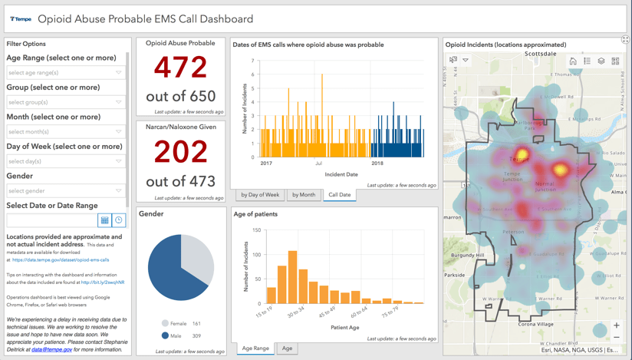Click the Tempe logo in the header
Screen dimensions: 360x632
coord(21,19)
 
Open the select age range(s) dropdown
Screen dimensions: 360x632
coord(65,72)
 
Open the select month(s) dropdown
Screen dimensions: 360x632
coord(65,132)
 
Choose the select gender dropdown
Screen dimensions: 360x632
coord(65,191)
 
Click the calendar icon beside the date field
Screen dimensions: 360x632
coord(105,220)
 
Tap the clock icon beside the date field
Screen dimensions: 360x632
coord(119,220)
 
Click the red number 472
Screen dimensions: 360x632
coord(180,68)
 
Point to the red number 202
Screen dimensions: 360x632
coord(180,153)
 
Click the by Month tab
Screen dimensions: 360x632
coord(303,195)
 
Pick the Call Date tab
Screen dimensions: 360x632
coord(339,195)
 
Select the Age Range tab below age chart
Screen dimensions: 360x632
coord(255,348)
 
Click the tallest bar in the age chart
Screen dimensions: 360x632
coord(292,277)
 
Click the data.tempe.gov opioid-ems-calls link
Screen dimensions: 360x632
coord(61,260)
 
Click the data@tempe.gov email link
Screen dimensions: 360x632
coord(51,349)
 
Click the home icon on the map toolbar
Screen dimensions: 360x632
coord(572,61)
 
